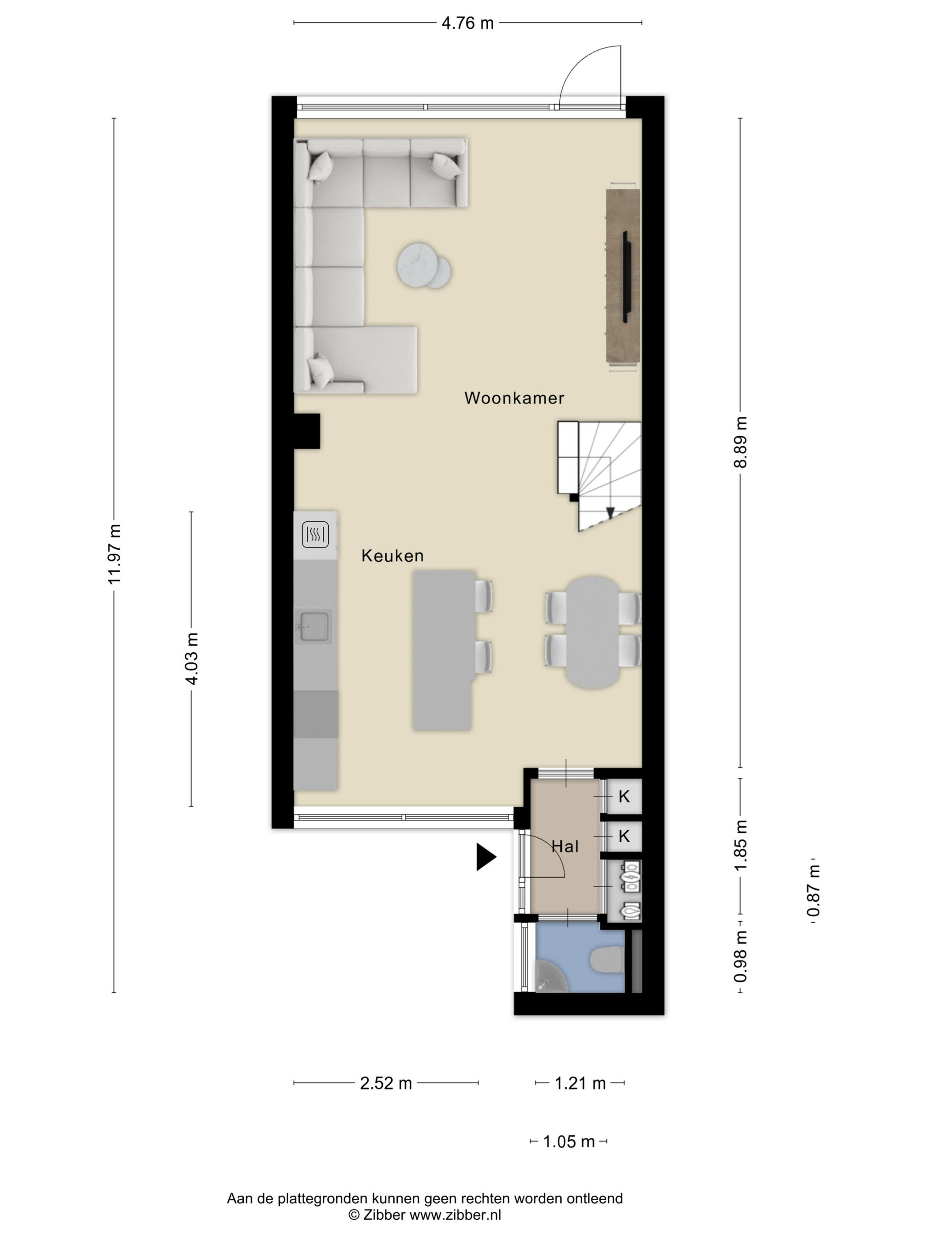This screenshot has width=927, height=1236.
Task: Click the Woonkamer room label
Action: pos(514,398)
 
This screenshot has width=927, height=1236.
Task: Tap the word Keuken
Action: pos(392,555)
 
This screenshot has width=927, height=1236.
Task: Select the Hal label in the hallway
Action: pos(565,847)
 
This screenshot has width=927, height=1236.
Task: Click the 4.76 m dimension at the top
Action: pos(467,23)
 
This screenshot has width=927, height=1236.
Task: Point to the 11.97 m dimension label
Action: pos(114,554)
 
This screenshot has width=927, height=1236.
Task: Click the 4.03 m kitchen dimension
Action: pos(192,659)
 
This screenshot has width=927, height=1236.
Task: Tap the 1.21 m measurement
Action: pos(580,1083)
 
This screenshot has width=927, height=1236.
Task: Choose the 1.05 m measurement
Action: pos(569,1142)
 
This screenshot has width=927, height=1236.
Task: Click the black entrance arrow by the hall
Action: pos(486,857)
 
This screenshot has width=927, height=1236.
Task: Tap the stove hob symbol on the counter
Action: pos(315,535)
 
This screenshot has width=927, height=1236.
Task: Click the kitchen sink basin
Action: pos(313,626)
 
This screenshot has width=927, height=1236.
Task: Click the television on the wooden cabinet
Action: pos(625,277)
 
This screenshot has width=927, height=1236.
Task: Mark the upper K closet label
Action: pos(624,796)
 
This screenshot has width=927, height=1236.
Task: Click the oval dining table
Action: pos(593,632)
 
